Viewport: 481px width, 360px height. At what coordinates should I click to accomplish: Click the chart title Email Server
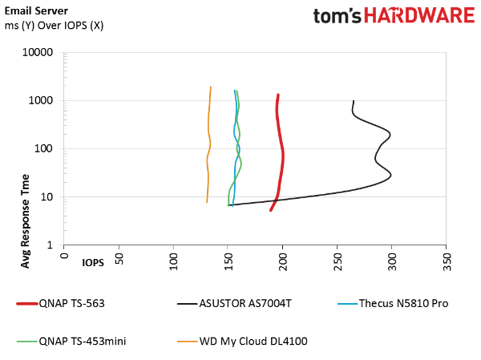click(36, 10)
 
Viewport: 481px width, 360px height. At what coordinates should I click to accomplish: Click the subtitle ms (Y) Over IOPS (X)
click(54, 26)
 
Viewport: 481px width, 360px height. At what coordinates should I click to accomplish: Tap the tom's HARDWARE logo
click(394, 15)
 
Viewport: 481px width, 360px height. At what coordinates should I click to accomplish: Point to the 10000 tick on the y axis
click(38, 52)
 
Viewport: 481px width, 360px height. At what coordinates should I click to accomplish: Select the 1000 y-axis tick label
click(41, 101)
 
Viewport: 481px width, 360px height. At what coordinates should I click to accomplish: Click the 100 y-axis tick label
click(43, 149)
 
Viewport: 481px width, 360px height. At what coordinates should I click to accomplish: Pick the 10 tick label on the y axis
click(46, 197)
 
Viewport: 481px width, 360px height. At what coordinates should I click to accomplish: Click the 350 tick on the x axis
click(447, 262)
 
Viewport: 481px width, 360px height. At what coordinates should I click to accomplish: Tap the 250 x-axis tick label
click(338, 262)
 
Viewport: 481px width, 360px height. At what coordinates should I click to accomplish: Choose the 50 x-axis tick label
click(119, 259)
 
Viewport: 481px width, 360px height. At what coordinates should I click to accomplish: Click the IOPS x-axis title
click(93, 263)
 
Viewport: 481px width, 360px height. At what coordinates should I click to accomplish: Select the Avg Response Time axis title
click(25, 221)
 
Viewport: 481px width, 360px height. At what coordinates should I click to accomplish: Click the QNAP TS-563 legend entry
click(61, 304)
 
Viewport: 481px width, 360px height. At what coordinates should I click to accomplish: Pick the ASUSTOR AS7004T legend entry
click(234, 304)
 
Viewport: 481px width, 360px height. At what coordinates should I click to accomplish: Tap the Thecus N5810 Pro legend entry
click(393, 304)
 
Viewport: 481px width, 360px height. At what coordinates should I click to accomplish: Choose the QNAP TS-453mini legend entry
click(71, 342)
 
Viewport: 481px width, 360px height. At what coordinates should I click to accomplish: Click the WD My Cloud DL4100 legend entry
click(242, 342)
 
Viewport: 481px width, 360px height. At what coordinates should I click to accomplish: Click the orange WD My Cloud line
click(208, 144)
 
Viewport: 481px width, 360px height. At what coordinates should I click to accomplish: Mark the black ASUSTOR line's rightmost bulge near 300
click(391, 176)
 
